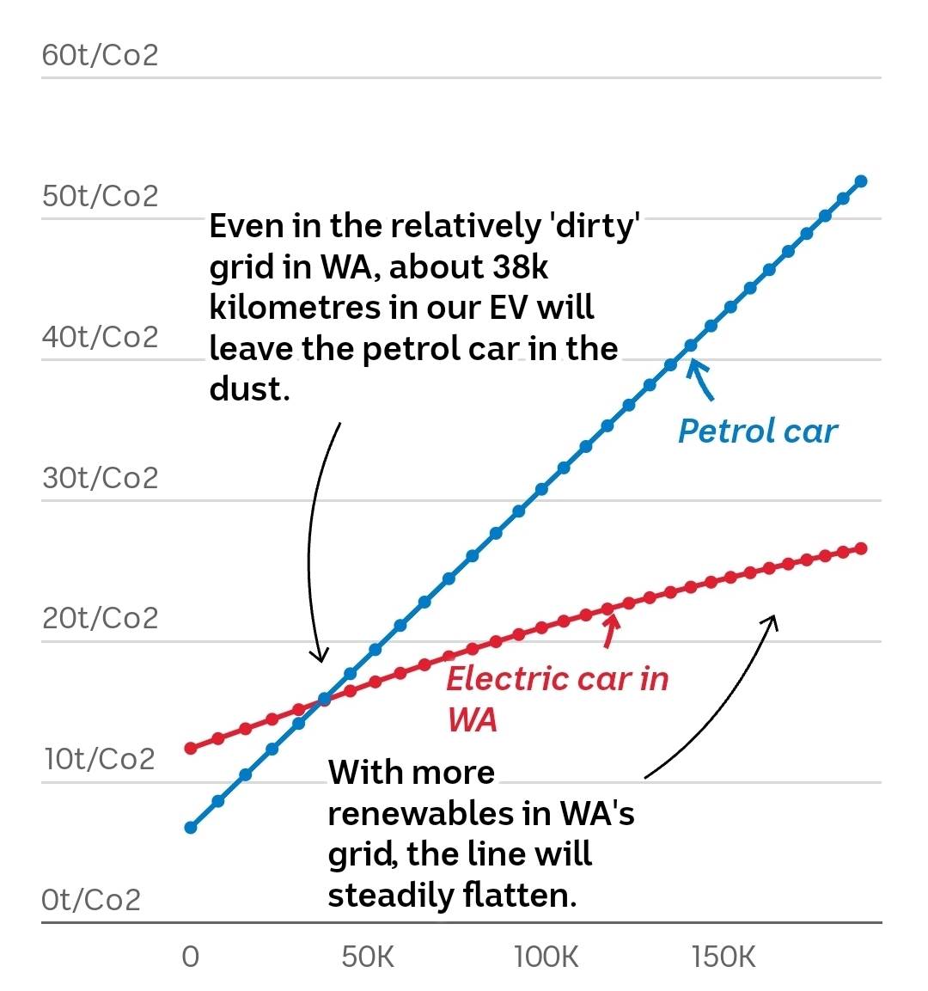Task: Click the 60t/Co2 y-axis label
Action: (x=100, y=56)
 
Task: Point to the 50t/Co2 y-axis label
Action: (x=100, y=196)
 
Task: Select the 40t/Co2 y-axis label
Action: (x=100, y=337)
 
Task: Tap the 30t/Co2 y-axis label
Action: (x=100, y=478)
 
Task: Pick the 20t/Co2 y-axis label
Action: (x=100, y=619)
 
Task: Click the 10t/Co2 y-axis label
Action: (x=100, y=760)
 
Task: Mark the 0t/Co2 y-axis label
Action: (x=91, y=900)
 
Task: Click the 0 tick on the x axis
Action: (x=191, y=957)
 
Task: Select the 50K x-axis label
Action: (x=368, y=957)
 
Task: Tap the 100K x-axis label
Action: (x=546, y=957)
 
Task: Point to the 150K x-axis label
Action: (x=723, y=957)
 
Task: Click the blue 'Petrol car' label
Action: (x=757, y=431)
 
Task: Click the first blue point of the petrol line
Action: (x=191, y=828)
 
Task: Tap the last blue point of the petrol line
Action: (x=861, y=181)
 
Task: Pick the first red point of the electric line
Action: (x=191, y=749)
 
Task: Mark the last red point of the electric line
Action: (x=861, y=548)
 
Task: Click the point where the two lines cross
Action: (x=325, y=700)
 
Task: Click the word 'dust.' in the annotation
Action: (x=249, y=389)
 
